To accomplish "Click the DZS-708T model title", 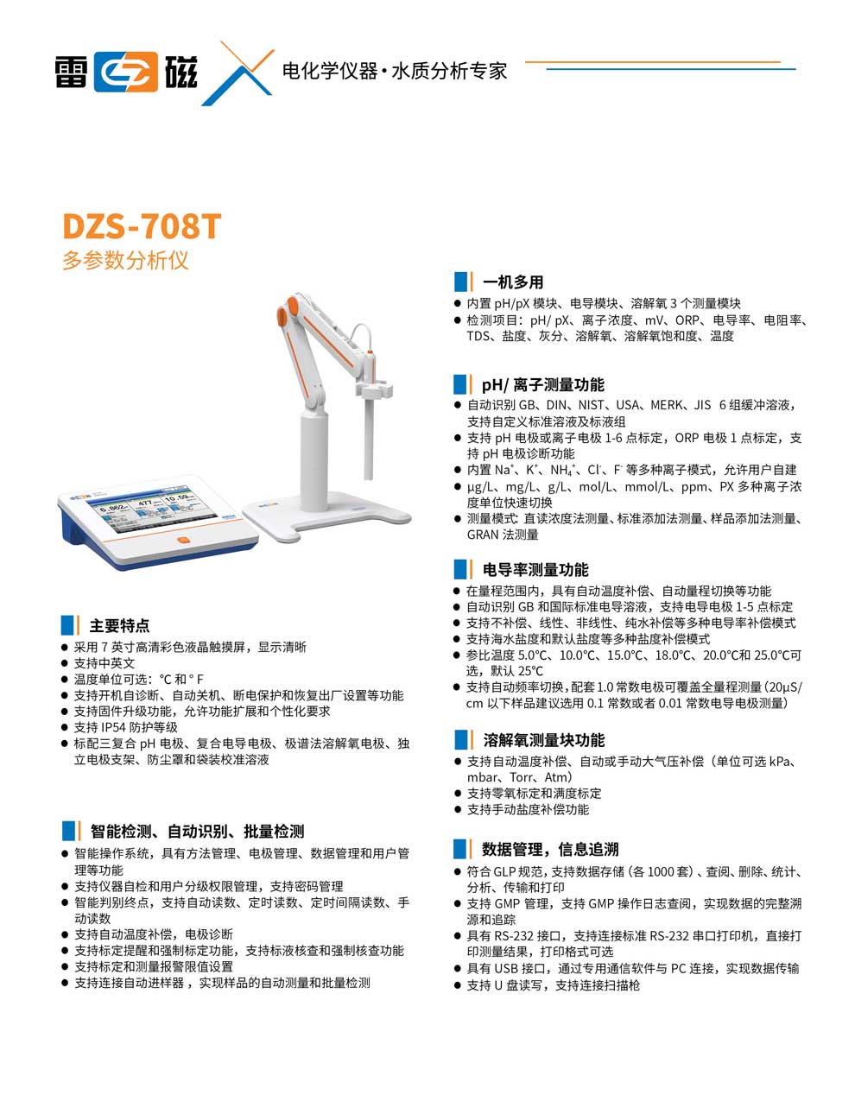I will (x=142, y=226).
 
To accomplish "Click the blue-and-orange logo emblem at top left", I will (x=126, y=72).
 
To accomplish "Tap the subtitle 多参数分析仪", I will (x=124, y=260).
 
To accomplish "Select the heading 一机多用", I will (x=513, y=282).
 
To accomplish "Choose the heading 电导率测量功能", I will (x=535, y=570).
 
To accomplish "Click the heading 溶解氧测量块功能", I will (x=544, y=740).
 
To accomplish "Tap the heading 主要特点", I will (x=119, y=626).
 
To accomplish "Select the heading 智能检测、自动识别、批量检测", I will (x=198, y=832).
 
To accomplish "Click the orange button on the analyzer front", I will (x=182, y=541).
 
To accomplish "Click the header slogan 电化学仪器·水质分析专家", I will (x=395, y=72).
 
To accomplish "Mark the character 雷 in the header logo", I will (x=71, y=72).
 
